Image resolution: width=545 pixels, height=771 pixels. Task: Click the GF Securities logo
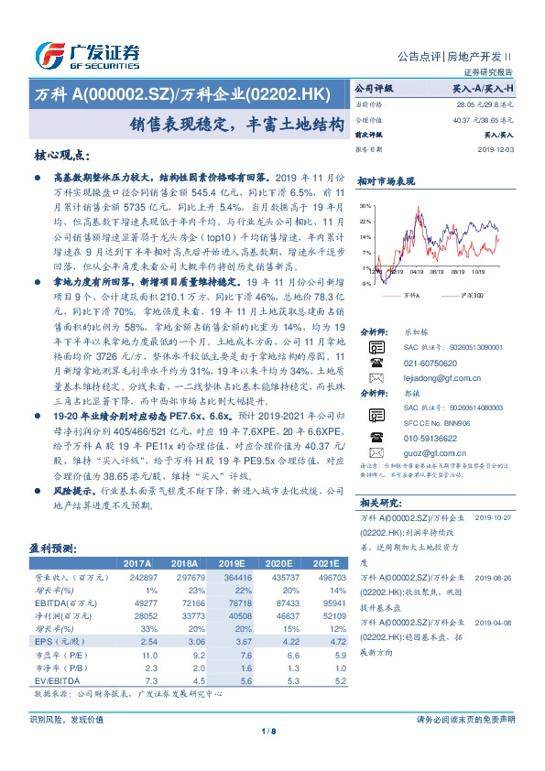click(87, 56)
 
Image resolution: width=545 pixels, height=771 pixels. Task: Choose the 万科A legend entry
click(410, 296)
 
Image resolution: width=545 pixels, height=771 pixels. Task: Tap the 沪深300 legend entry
click(473, 296)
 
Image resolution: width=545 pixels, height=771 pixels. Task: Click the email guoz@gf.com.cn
click(422, 451)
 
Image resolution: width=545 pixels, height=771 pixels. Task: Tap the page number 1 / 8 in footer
click(272, 731)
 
